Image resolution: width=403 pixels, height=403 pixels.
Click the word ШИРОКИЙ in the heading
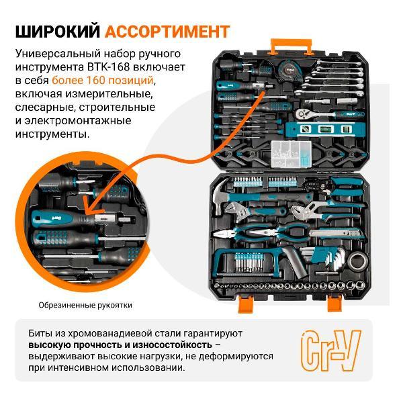click(x=58, y=32)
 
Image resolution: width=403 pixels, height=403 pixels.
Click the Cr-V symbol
click(x=329, y=349)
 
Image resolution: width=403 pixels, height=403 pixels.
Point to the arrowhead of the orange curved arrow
click(x=86, y=199)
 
